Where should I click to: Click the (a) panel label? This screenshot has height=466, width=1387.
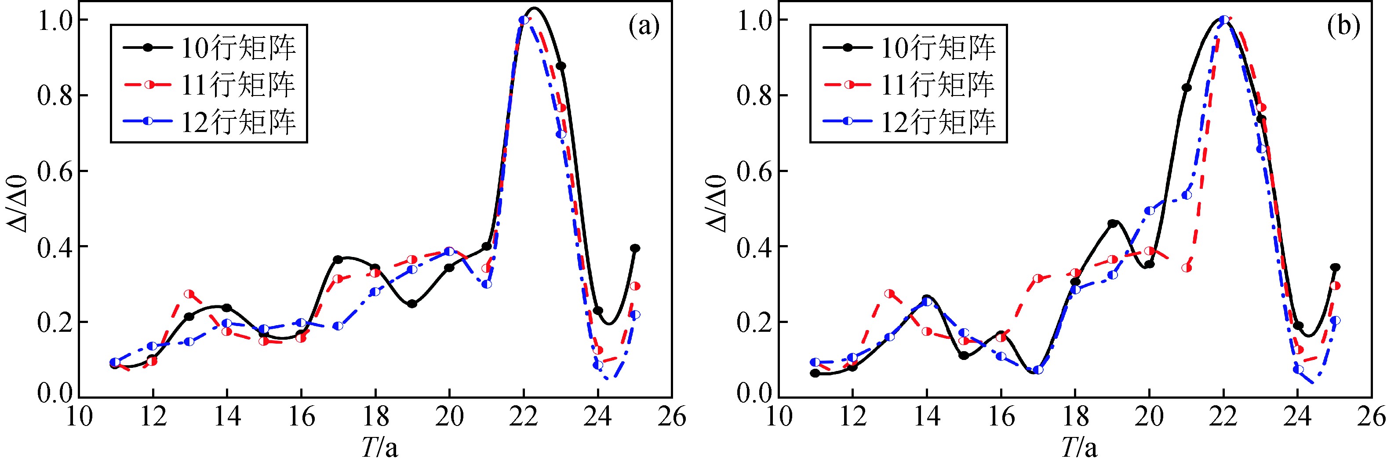tap(644, 27)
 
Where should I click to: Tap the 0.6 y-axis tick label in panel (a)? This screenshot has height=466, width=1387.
tap(55, 171)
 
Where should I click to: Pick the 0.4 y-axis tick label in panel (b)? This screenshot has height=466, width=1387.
tap(754, 247)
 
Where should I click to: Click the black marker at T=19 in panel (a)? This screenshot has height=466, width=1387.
tap(412, 304)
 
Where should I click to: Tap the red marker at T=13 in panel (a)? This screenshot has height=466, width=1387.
tap(189, 294)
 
